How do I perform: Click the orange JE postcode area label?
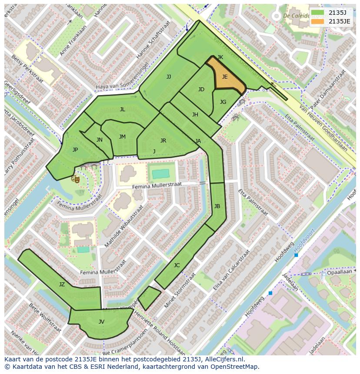[225, 77]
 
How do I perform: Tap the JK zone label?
[220, 57]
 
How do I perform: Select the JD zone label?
[201, 89]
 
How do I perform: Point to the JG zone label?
[223, 102]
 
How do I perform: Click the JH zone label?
[195, 115]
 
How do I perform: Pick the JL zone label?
[123, 109]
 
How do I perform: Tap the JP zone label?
[75, 150]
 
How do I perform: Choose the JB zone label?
[217, 206]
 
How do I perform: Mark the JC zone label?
[177, 265]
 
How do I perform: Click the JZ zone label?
[62, 285]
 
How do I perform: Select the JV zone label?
[101, 322]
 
